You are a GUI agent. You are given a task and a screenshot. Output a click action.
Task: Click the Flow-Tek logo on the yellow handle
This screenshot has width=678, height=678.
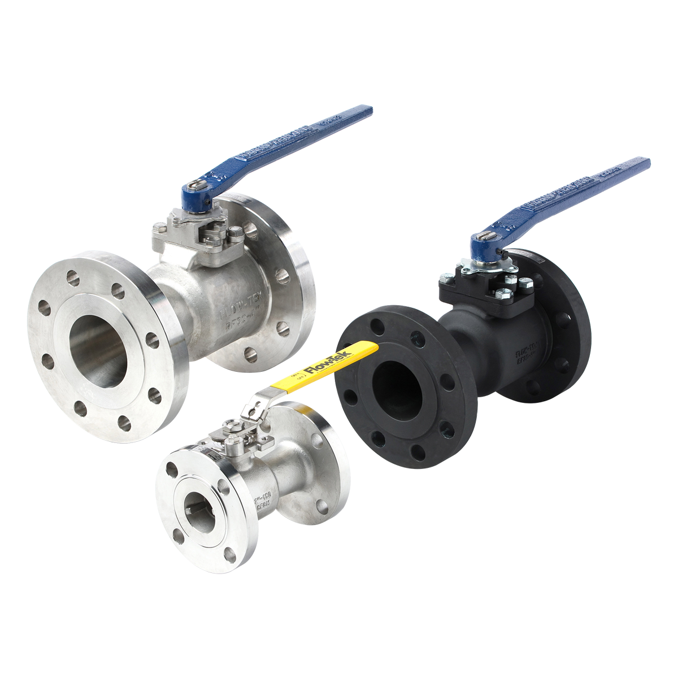click(328, 363)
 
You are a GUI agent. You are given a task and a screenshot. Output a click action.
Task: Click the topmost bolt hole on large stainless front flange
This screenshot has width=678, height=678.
click(73, 277)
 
